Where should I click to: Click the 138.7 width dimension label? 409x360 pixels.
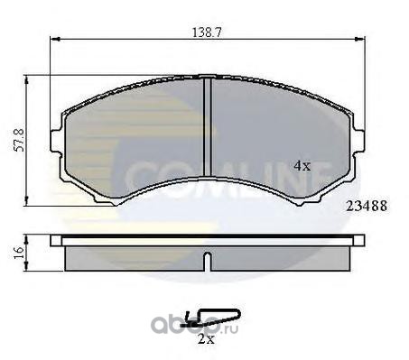pyautogui.click(x=207, y=32)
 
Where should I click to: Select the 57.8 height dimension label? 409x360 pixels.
pyautogui.click(x=20, y=140)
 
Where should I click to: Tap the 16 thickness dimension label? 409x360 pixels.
pyautogui.click(x=19, y=253)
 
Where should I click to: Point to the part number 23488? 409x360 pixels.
pyautogui.click(x=367, y=206)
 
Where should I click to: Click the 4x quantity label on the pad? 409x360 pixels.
pyautogui.click(x=302, y=166)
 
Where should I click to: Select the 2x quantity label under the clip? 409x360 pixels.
pyautogui.click(x=206, y=339)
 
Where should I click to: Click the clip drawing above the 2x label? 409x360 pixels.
pyautogui.click(x=210, y=318)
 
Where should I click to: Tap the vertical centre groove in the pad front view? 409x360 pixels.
pyautogui.click(x=207, y=126)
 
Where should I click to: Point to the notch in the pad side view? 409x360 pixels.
pyautogui.click(x=207, y=262)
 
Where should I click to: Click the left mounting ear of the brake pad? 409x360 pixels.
pyautogui.click(x=56, y=142)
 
